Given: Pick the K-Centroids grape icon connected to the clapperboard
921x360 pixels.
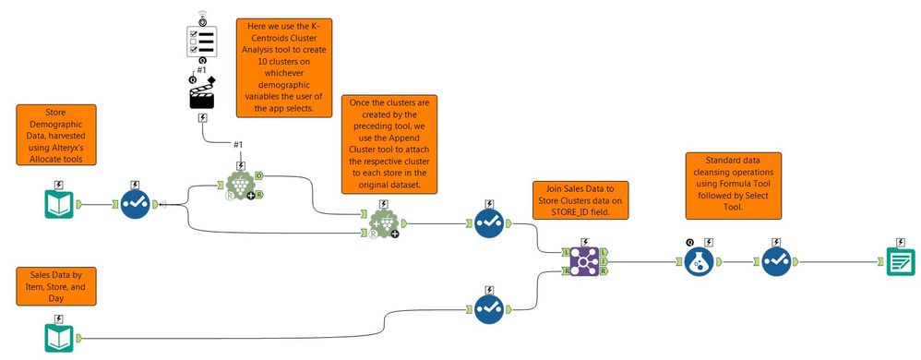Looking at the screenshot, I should point(240,184).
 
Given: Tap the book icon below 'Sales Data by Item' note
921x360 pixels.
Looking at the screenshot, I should point(59,337).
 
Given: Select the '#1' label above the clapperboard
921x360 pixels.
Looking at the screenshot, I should point(202,70).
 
